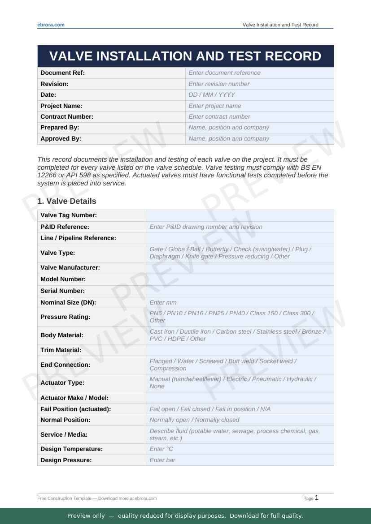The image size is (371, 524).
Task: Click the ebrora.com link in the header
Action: click(51, 25)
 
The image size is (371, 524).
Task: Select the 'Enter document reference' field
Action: click(224, 73)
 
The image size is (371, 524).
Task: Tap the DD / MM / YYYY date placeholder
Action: click(211, 94)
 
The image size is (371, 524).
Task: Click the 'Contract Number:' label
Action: click(67, 116)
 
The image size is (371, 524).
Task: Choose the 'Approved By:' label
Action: click(61, 138)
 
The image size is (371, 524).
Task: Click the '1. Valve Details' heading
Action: click(67, 201)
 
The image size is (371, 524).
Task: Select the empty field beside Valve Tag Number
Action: click(240, 215)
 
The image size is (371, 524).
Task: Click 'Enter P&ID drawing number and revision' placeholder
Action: click(206, 227)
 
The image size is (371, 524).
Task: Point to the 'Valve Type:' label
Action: click(58, 253)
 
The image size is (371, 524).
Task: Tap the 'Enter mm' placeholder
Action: click(163, 302)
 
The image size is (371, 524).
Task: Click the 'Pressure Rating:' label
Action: click(65, 317)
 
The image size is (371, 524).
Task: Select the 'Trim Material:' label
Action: click(61, 350)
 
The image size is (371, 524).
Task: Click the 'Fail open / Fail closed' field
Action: click(210, 409)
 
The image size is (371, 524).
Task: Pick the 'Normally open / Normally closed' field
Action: click(194, 420)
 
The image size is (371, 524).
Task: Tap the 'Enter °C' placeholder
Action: click(161, 449)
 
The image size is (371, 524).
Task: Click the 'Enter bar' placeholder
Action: click(162, 460)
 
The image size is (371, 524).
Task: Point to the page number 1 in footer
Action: click(316, 498)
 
